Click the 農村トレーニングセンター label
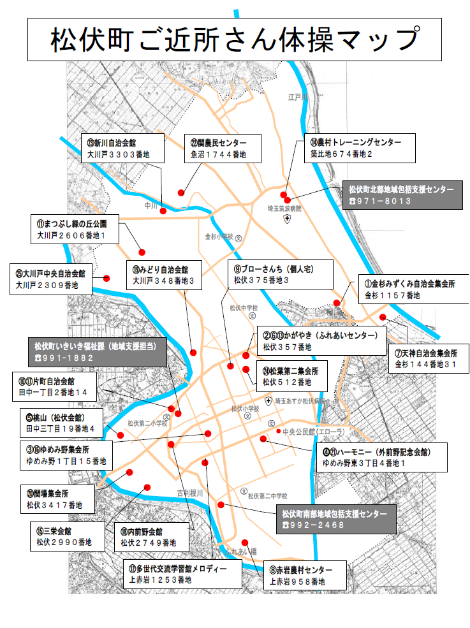tap(359, 148)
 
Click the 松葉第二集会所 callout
tap(290, 376)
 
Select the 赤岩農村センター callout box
tap(304, 575)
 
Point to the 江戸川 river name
tap(297, 97)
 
